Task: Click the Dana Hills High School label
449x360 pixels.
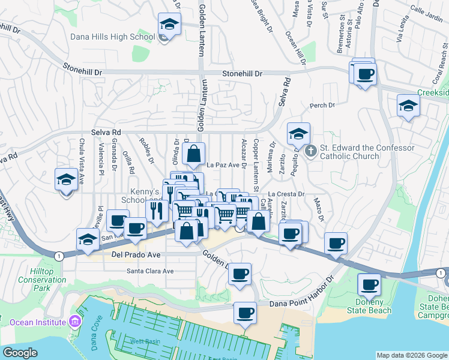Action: click(113, 37)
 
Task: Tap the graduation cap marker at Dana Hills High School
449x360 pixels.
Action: click(169, 26)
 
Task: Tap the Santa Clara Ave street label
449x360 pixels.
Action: click(150, 271)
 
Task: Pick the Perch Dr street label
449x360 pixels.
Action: click(322, 106)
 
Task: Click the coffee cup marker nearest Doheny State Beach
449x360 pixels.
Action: click(369, 284)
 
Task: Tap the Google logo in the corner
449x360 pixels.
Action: click(20, 353)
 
